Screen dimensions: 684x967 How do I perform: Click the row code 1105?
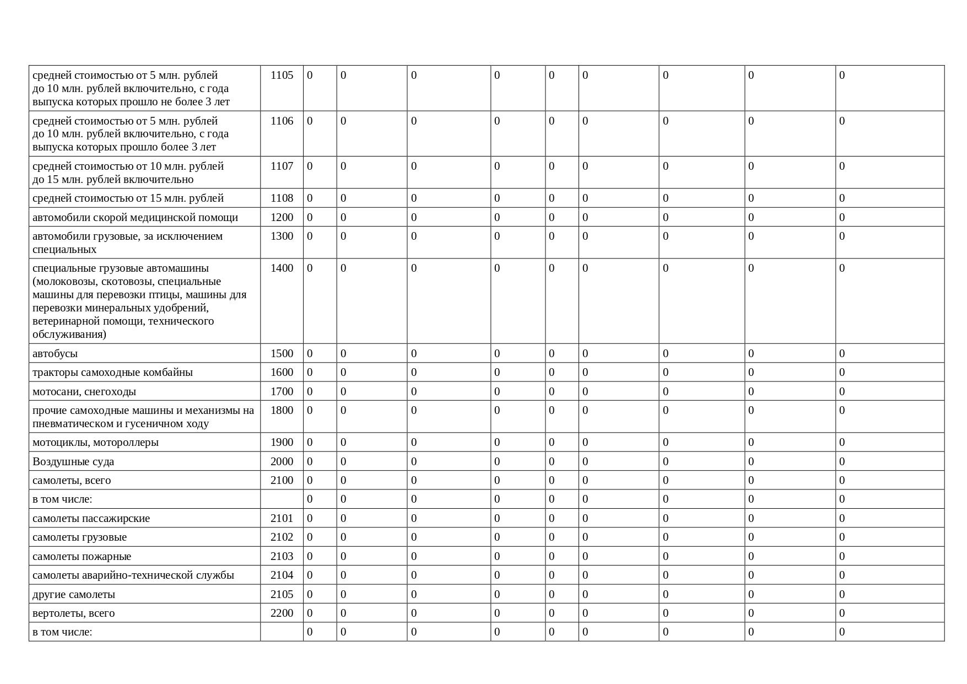[282, 75]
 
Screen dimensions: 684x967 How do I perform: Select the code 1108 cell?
[282, 198]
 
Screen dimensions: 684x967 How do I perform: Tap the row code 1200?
[282, 217]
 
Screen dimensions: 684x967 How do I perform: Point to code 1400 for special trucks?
[282, 268]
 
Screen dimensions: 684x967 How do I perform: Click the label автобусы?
[55, 353]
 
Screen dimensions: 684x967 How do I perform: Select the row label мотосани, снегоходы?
[84, 391]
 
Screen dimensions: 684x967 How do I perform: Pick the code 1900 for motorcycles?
[282, 442]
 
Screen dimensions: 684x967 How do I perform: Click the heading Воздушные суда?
[73, 461]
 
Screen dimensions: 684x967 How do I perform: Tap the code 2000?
[282, 461]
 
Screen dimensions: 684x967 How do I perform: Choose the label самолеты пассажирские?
[91, 518]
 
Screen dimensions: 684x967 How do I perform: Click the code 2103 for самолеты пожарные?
[282, 556]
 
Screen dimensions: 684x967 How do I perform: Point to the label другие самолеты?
[74, 594]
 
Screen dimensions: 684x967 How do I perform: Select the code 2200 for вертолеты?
[282, 613]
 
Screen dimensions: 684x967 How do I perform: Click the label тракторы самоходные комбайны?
[112, 372]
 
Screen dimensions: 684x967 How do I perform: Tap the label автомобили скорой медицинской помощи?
[135, 217]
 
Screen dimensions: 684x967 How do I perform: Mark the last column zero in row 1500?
[842, 353]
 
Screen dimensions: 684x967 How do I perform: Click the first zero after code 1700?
[310, 391]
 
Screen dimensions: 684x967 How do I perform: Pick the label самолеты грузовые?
[79, 537]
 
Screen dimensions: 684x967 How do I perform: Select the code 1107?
[282, 166]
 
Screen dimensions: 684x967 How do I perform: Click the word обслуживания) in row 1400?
[69, 334]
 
